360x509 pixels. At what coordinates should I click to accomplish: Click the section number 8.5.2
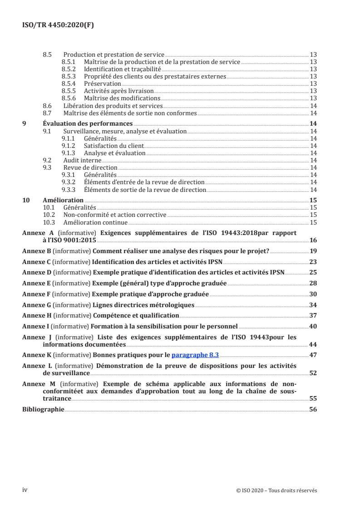(69, 69)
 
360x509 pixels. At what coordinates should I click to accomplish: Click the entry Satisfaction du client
(113, 146)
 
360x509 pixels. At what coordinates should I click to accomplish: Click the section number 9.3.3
(69, 190)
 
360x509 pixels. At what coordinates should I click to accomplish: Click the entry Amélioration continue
(95, 222)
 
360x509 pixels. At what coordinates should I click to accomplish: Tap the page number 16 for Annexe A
(313, 240)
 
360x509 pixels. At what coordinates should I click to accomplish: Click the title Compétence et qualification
(136, 315)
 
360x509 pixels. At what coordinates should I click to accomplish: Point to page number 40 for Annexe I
(313, 326)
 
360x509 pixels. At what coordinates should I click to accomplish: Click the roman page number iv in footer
(25, 489)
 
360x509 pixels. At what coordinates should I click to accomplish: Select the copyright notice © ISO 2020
(276, 490)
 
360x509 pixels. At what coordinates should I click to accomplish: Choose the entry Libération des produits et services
(113, 106)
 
